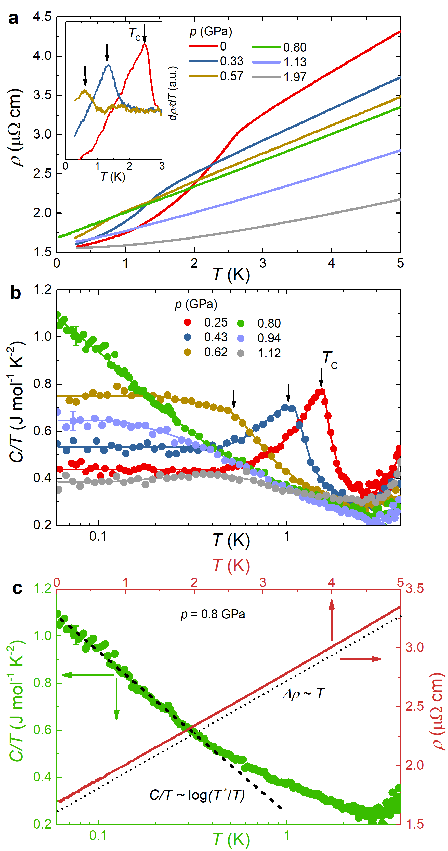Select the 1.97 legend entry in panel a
(295, 77)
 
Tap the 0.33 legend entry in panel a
(231, 61)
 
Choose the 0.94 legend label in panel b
(269, 338)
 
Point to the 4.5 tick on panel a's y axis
(43, 17)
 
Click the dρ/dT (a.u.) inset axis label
(173, 93)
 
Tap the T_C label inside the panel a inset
(135, 33)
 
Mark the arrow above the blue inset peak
(107, 52)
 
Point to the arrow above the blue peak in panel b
(288, 392)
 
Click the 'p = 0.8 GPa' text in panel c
(213, 614)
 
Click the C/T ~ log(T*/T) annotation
(197, 795)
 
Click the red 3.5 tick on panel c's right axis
(414, 589)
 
